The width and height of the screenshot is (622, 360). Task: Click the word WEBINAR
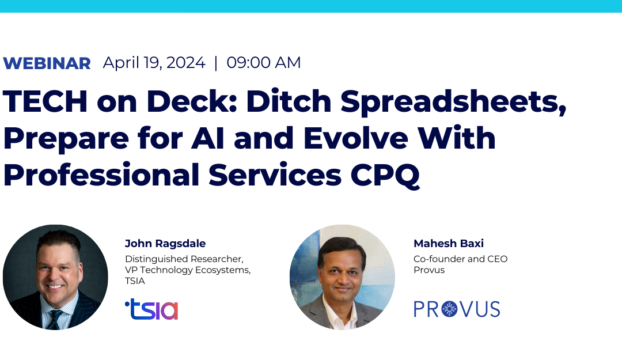[x=47, y=63]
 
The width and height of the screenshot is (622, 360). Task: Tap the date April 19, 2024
[x=154, y=63]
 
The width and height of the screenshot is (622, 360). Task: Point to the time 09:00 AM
[x=264, y=63]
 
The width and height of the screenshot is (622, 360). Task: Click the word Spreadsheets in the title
[x=454, y=101]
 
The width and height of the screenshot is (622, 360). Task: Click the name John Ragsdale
[x=165, y=244]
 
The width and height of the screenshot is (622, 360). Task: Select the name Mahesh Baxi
[x=449, y=244]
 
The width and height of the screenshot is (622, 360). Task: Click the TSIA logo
[x=151, y=309]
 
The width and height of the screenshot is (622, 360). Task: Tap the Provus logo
[x=457, y=309]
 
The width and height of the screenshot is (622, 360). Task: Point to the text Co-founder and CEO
[x=460, y=259]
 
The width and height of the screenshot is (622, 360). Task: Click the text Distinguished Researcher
[x=183, y=259]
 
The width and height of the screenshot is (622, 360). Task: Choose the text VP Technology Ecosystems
[x=188, y=270]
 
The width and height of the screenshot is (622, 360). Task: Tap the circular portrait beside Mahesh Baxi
[x=342, y=276]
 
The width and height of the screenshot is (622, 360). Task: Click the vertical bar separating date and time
[x=216, y=63]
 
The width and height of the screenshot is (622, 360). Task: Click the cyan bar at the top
[x=311, y=6]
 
